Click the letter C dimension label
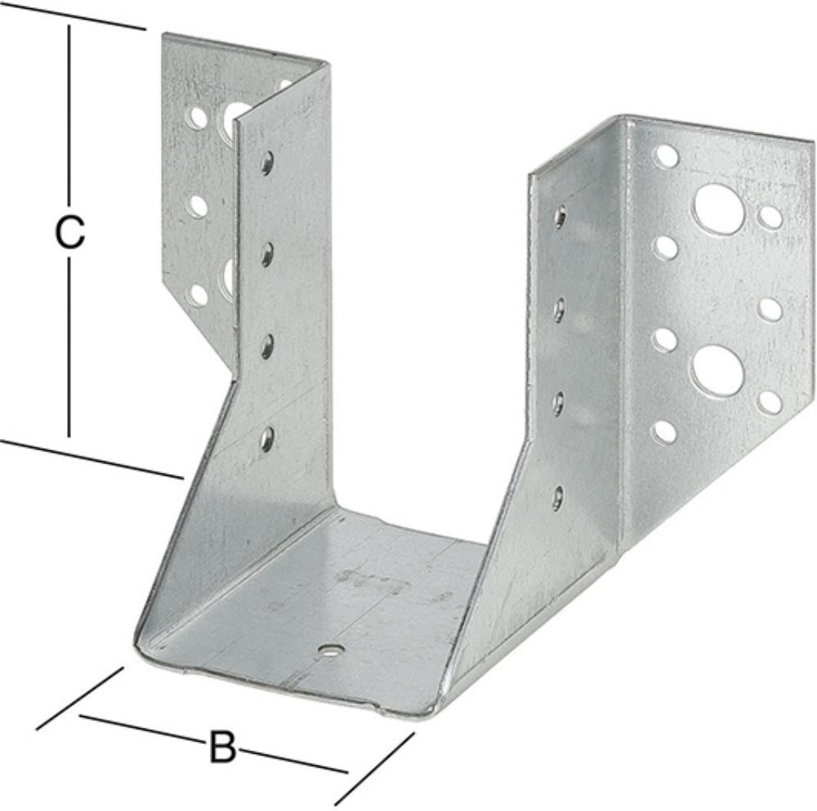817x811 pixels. pyautogui.click(x=69, y=233)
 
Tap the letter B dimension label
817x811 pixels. pyautogui.click(x=222, y=747)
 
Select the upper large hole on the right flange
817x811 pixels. pyautogui.click(x=718, y=208)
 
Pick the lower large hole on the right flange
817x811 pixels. pyautogui.click(x=718, y=370)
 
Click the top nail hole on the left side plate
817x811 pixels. pyautogui.click(x=267, y=163)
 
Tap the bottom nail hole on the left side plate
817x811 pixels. pyautogui.click(x=267, y=439)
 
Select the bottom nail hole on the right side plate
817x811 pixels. pyautogui.click(x=558, y=497)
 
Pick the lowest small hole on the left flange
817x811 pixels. pyautogui.click(x=199, y=294)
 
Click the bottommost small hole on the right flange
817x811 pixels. pyautogui.click(x=664, y=432)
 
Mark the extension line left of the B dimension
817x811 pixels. pyautogui.click(x=80, y=698)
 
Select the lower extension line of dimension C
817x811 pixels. pyautogui.click(x=92, y=459)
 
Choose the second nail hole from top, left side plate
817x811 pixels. pyautogui.click(x=267, y=255)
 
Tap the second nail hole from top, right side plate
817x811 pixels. pyautogui.click(x=559, y=311)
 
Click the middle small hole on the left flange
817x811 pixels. pyautogui.click(x=198, y=206)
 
